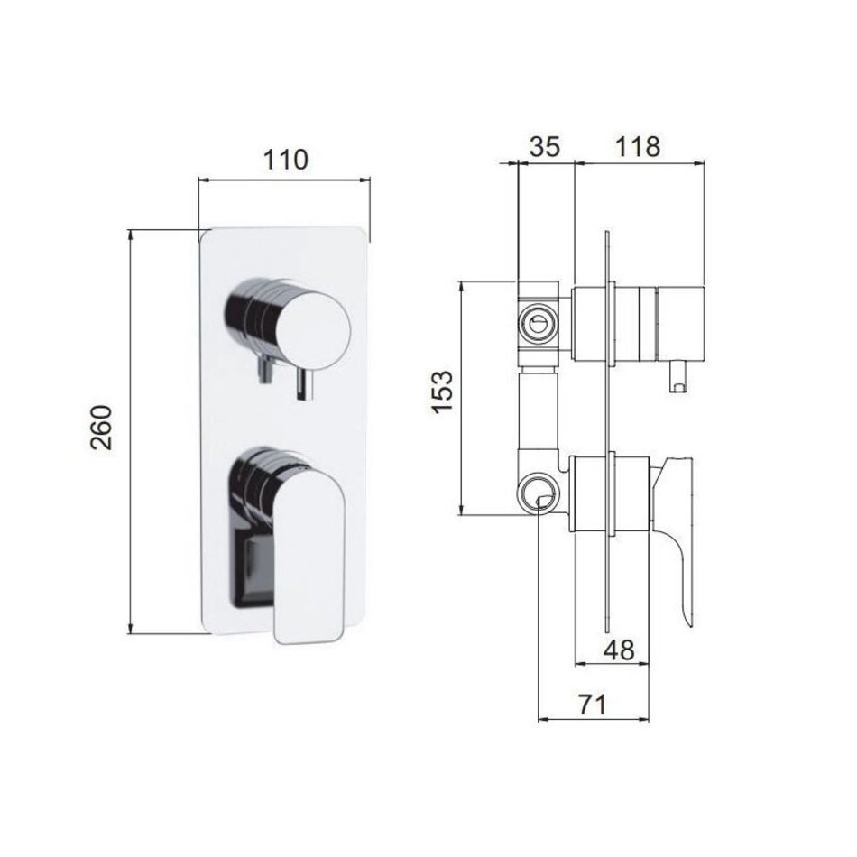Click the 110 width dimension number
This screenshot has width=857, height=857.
[286, 159]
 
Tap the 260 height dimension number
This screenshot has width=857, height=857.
[102, 427]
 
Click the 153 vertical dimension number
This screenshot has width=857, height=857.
[443, 392]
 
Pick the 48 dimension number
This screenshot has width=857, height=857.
[619, 650]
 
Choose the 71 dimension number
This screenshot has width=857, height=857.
[592, 705]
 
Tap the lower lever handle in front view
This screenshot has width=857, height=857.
[309, 556]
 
